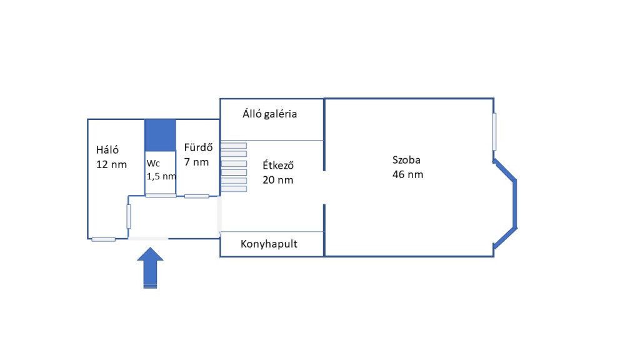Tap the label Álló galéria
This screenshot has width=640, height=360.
point(269,114)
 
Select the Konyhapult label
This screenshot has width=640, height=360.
point(269,244)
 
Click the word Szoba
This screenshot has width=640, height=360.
point(406,159)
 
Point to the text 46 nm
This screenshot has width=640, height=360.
point(407,174)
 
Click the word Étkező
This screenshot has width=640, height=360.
point(278,166)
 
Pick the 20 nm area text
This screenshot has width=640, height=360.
point(278,180)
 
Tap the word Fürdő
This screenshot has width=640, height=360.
point(199,148)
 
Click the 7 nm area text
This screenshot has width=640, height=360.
point(196,162)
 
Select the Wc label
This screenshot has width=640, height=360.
point(153,163)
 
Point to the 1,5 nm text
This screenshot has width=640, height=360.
point(161,176)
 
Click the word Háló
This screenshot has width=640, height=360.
point(107,150)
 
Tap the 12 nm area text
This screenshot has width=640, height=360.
point(111,164)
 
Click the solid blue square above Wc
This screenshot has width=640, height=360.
point(160,135)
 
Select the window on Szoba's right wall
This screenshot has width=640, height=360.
point(494,131)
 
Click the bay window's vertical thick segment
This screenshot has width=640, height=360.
point(515,204)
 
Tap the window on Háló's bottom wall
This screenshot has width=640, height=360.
point(103,239)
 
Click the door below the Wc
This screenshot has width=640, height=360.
point(161,196)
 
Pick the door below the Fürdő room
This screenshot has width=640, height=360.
point(196,196)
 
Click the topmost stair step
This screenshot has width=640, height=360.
point(234,146)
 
